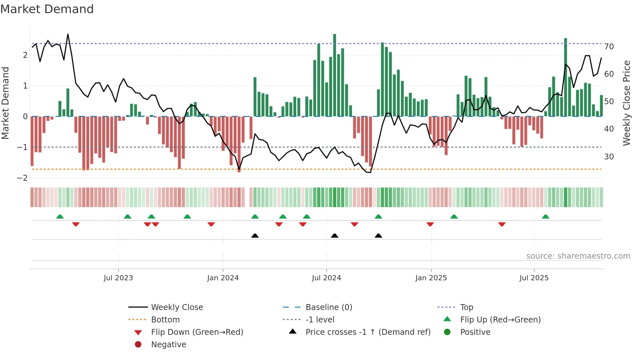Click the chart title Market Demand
pos(47,9)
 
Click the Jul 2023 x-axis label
pos(118,278)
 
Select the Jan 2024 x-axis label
pos(223,278)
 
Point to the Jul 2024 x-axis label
pos(327,278)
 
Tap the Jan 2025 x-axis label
pos(431,278)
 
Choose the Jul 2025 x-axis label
pos(534,278)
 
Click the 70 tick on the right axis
pos(609,47)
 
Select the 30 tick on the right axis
pos(609,157)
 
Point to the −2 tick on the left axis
pos(22,178)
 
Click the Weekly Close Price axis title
pos(627,103)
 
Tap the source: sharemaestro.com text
pos(578,256)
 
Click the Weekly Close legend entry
pos(177,307)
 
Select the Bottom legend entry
pos(165,320)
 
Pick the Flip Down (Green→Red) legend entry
pos(197,332)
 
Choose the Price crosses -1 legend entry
pos(368,332)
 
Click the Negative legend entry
pos(168,345)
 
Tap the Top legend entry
pos(467,307)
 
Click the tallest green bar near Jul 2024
pos(335,75)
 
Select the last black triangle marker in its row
pos(378,236)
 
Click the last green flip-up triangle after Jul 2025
pos(546,217)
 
